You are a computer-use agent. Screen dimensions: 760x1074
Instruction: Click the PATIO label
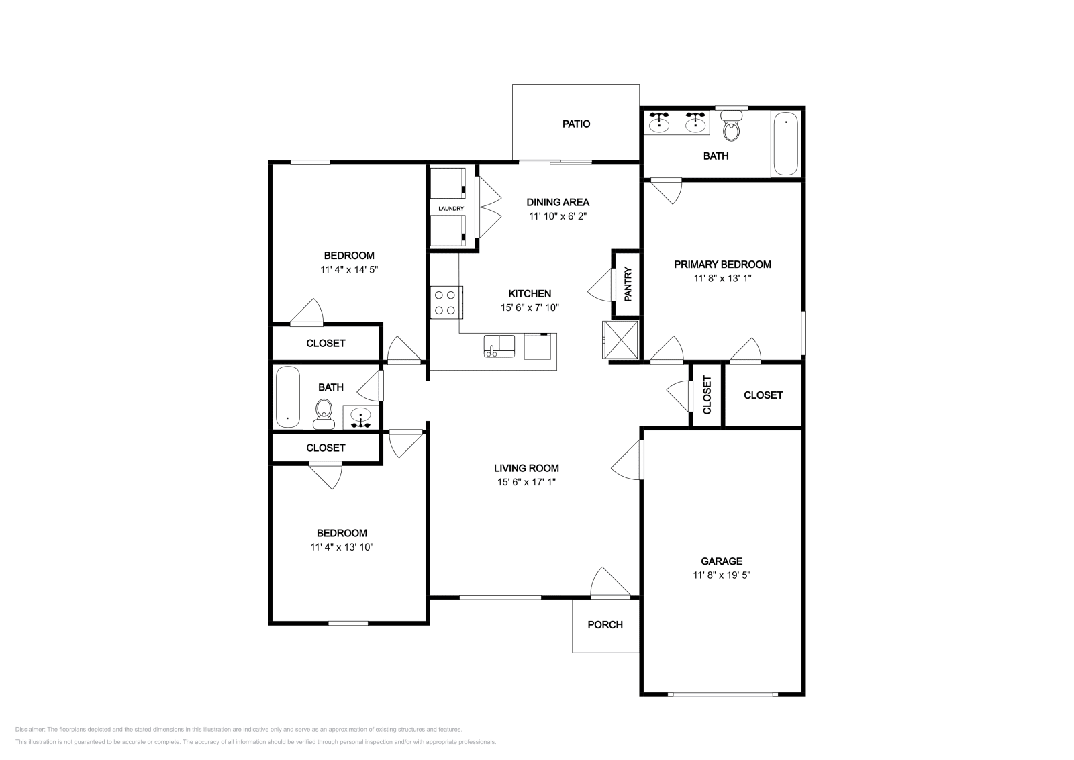[x=576, y=124]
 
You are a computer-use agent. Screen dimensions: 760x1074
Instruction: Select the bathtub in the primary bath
[x=785, y=144]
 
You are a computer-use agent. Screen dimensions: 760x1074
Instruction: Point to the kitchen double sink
[x=499, y=346]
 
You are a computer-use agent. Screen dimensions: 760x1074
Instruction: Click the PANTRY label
[x=628, y=284]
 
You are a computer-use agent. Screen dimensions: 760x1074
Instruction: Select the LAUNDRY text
[x=451, y=209]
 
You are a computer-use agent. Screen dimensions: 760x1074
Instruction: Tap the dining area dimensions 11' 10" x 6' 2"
[x=558, y=216]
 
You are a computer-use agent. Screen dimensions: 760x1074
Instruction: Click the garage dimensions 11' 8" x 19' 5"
[x=722, y=575]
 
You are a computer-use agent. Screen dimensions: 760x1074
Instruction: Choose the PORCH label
[x=605, y=624]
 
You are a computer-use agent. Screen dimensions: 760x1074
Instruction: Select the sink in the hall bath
[x=361, y=417]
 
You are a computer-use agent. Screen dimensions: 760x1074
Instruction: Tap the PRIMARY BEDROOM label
[x=722, y=265]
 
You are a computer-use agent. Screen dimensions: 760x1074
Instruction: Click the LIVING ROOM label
[x=526, y=469]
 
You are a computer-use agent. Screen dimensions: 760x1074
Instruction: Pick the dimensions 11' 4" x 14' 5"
[x=349, y=269]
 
